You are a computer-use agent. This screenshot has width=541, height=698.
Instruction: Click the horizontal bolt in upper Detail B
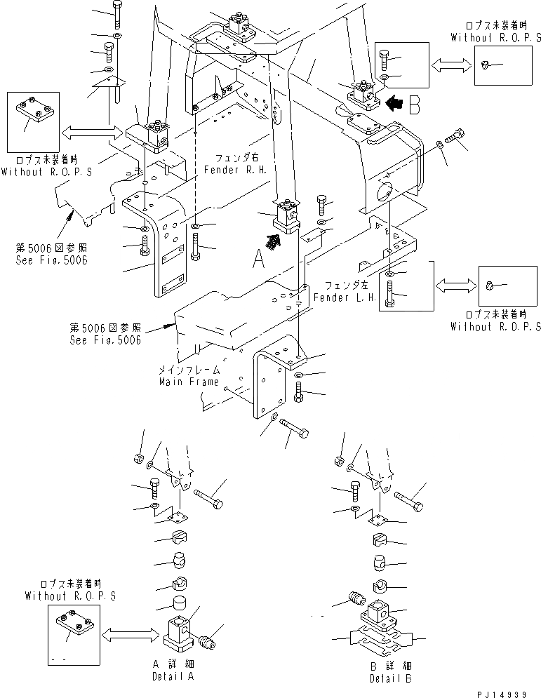[408, 501]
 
